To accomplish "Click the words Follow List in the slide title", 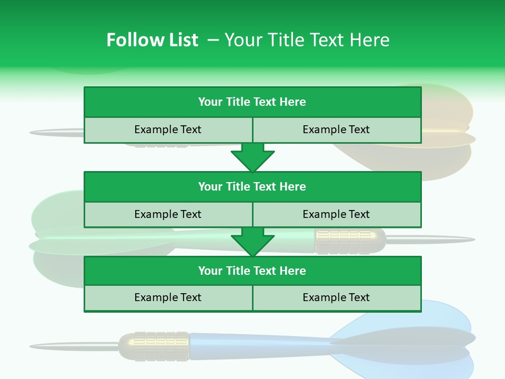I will pos(153,40).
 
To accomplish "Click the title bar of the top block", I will pos(252,102).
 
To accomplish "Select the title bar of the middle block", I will pos(252,186).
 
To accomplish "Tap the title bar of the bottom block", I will pos(252,271).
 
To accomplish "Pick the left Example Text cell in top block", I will pos(168,129).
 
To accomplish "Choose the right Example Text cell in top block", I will pos(337,129).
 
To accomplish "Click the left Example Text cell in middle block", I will pos(168,214).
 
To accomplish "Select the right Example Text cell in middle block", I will pos(337,214).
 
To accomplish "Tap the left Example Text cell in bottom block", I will pos(168,297).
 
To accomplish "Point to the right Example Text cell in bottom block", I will pos(337,297).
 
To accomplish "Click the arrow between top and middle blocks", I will pos(252,157).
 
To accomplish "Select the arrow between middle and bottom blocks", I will pos(252,242).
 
